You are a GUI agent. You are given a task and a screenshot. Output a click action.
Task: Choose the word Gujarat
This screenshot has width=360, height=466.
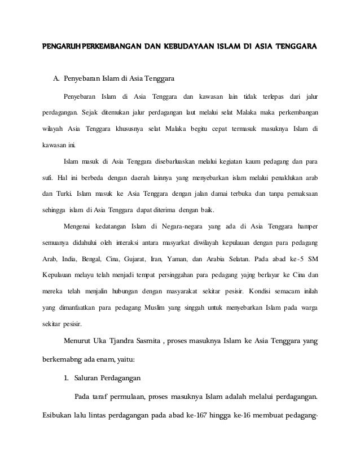tap(163, 260)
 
